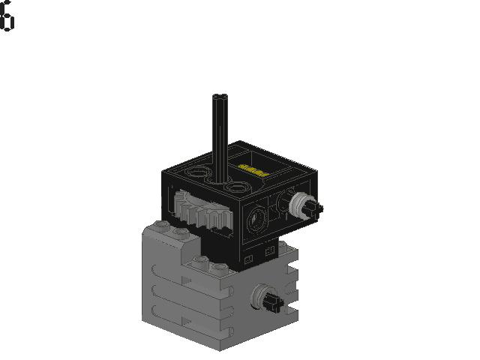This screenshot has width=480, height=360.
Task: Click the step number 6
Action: pos(7,16)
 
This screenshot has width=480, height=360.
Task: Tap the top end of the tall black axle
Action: pos(220,96)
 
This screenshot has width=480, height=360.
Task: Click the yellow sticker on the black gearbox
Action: pos(253,170)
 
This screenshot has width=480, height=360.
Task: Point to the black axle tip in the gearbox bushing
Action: pos(315,208)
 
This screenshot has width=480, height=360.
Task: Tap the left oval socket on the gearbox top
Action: pos(196,172)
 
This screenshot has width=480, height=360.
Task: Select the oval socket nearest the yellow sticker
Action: pos(235,185)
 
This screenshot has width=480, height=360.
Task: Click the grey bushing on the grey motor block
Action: pos(260,296)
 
